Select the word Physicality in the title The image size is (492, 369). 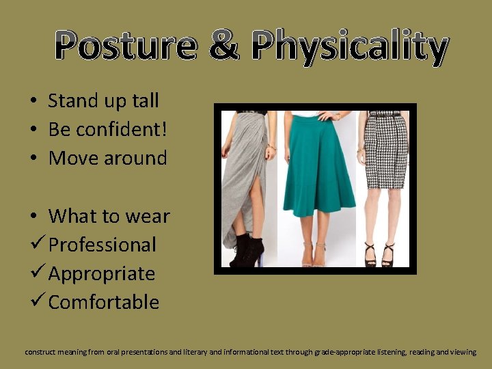pos(348,46)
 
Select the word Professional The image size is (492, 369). pos(102,245)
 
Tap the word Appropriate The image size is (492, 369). pos(102,274)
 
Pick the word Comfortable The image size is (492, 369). pos(104,302)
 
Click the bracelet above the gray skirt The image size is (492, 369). pos(273,146)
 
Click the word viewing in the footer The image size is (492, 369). pos(463,352)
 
